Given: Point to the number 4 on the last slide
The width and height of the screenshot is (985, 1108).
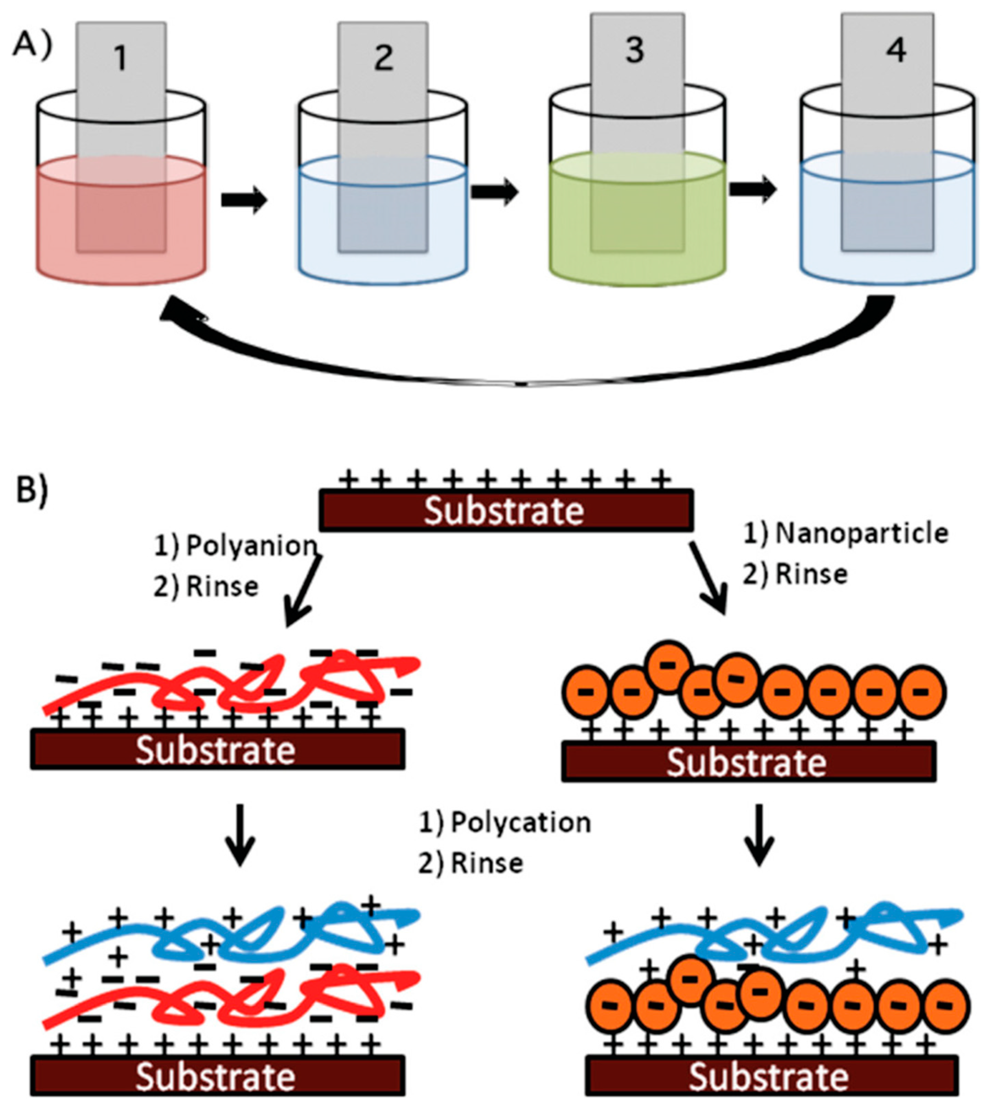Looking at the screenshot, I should [x=895, y=51].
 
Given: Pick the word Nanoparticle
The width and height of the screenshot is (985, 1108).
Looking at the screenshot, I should [x=861, y=534].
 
